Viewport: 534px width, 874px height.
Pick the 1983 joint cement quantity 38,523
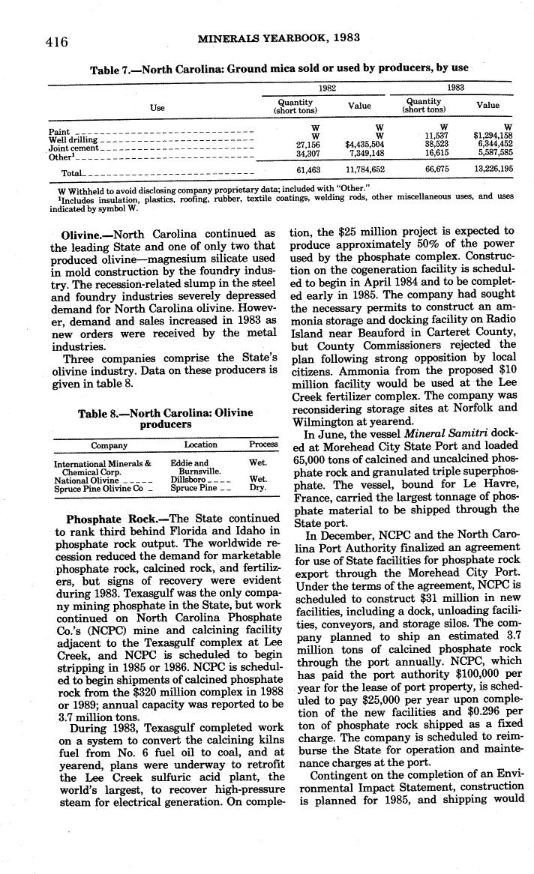pyautogui.click(x=435, y=144)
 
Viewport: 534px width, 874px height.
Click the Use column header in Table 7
pyautogui.click(x=157, y=108)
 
